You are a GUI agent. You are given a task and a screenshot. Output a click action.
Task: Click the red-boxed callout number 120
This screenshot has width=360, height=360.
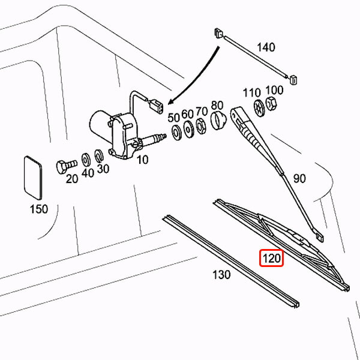272,258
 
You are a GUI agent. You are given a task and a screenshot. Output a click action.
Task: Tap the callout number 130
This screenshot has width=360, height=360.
221,274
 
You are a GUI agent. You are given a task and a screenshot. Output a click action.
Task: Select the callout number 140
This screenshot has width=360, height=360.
266,47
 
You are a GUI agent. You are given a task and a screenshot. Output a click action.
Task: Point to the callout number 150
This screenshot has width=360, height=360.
39,209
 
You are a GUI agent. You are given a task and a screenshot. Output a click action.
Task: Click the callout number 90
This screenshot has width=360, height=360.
299,178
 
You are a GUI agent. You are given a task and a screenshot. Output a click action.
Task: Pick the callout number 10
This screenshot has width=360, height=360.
142,160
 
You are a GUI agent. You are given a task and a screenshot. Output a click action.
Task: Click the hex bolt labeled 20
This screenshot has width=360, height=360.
66,166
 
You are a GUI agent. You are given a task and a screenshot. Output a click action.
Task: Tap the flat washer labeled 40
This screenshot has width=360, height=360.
86,160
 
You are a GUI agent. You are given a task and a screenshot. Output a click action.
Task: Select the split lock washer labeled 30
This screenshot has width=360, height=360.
99,156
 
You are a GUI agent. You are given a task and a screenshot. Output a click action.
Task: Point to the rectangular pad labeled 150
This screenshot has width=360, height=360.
33,178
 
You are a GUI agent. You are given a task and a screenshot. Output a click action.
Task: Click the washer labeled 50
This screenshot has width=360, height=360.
176,132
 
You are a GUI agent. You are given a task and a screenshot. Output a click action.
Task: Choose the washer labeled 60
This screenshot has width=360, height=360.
189,129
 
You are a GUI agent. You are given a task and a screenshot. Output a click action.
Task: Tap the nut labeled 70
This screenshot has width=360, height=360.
201,126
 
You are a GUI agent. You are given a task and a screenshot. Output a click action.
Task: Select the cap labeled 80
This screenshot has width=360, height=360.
218,120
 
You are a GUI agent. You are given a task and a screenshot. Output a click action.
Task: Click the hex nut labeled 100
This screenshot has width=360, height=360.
271,103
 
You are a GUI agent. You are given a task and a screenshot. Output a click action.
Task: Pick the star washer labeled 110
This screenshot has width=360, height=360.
259,108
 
